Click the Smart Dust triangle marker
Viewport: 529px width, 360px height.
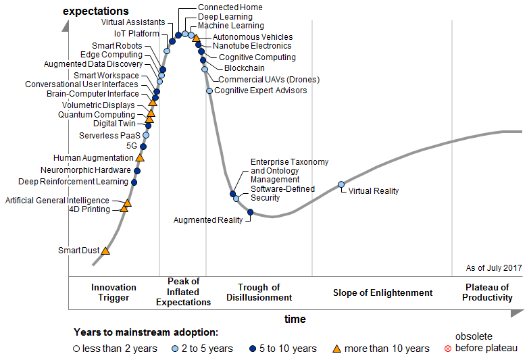pos(105,251)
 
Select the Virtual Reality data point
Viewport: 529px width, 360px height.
pos(341,184)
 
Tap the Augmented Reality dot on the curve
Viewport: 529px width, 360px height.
pos(250,213)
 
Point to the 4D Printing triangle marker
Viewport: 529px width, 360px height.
pos(124,209)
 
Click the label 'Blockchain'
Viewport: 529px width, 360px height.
pos(244,68)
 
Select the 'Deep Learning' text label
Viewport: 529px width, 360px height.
pos(225,17)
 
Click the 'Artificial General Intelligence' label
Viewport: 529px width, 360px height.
pos(57,201)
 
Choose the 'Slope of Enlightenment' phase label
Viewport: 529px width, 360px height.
pos(382,292)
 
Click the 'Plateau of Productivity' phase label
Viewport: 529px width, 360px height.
pos(487,292)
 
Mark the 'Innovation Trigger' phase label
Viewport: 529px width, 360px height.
pos(114,292)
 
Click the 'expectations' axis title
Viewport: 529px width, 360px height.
pos(95,11)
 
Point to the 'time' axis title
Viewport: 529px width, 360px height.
pos(295,319)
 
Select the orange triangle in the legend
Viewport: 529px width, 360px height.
pos(336,349)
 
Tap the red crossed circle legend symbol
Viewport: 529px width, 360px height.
pos(447,349)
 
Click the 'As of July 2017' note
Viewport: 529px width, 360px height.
pos(494,268)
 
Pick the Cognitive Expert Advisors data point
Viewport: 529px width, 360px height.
pos(209,91)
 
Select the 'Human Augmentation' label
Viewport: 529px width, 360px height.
pos(93,158)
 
